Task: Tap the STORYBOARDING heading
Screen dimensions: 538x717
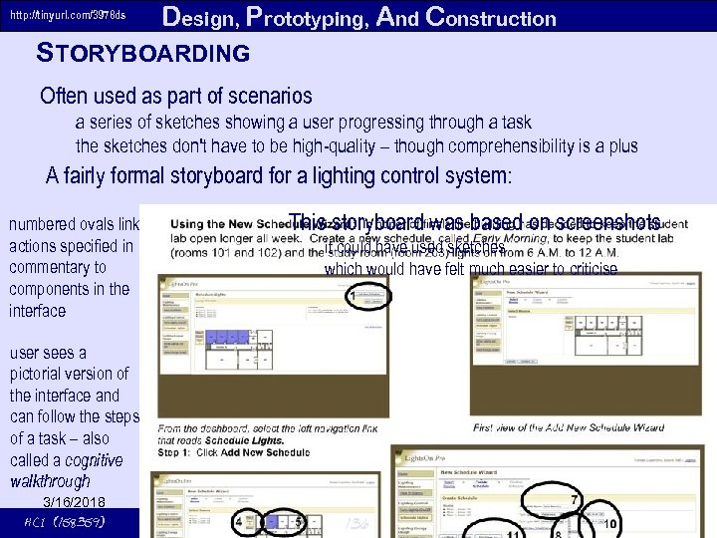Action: coord(142,53)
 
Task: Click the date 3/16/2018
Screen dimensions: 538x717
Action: coord(76,501)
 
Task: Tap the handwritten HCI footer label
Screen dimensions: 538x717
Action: coord(66,523)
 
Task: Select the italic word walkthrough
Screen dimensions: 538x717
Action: coord(49,482)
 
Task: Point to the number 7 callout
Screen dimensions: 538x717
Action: coord(575,498)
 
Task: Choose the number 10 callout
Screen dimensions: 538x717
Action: coord(611,524)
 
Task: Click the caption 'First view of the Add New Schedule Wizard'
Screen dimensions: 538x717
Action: coord(568,427)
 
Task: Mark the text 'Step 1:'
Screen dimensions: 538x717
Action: coord(176,452)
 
